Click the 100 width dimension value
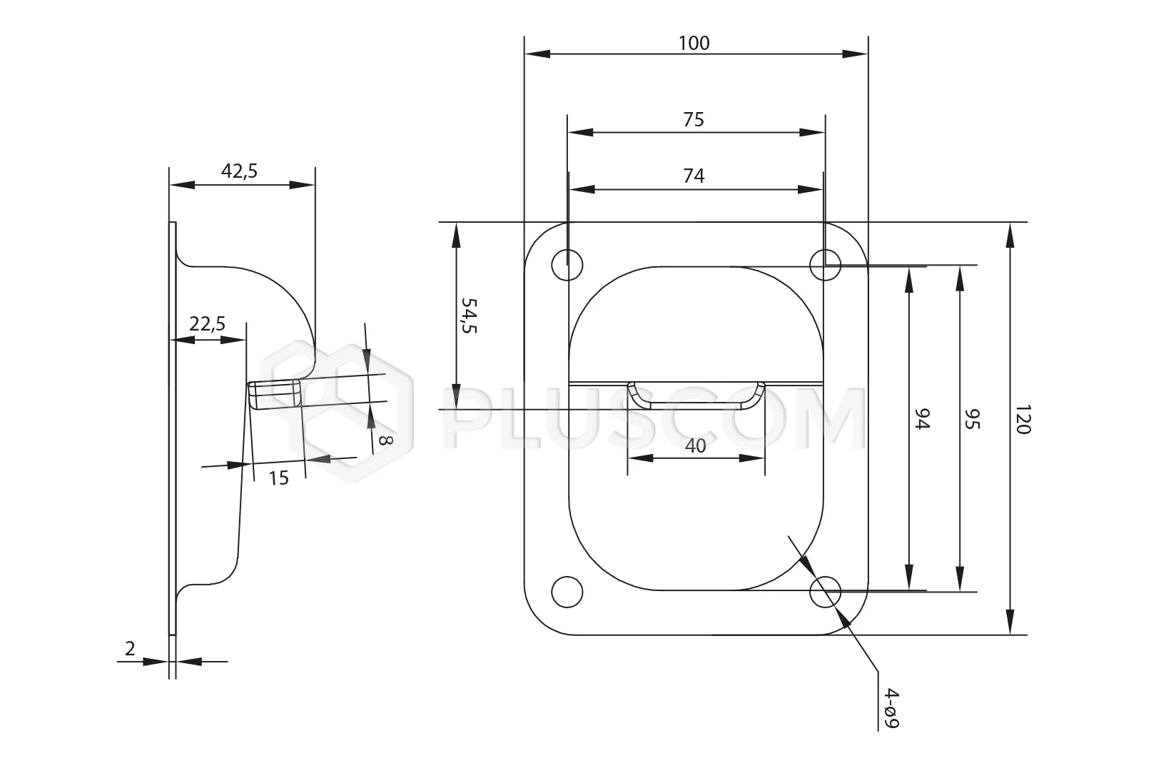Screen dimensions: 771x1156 [694, 44]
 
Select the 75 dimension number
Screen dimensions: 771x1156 [694, 119]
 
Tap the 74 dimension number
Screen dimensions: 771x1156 [694, 176]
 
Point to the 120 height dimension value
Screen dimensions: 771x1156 [1023, 419]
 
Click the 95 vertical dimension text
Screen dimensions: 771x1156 [973, 419]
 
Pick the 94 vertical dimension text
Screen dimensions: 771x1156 [923, 419]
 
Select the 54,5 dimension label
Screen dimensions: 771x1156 [468, 316]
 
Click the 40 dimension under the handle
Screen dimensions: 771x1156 [695, 446]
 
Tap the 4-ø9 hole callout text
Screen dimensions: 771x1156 [891, 708]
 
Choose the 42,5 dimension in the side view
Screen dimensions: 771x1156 [239, 171]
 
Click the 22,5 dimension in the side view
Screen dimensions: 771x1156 [208, 324]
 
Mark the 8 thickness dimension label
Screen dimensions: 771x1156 [385, 440]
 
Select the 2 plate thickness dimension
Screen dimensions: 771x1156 [130, 649]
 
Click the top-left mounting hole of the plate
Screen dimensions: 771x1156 [567, 264]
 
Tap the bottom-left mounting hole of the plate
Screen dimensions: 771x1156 [567, 591]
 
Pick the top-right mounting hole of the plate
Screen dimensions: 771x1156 [826, 264]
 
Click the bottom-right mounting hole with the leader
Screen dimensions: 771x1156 [826, 592]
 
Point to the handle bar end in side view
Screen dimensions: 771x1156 [275, 395]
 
